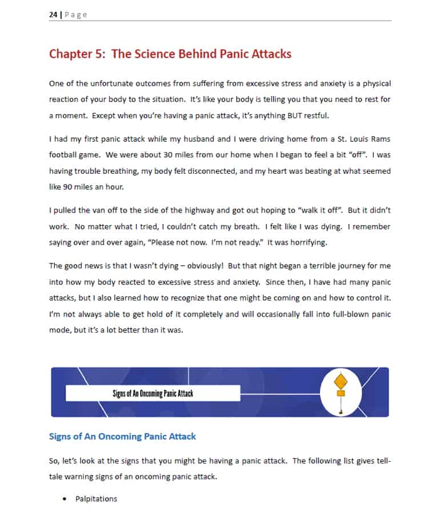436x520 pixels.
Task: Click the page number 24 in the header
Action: pos(53,15)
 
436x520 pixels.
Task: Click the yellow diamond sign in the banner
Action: pos(341,381)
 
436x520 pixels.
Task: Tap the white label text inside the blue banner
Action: pos(153,393)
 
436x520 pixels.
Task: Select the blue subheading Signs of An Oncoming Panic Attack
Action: pos(122,437)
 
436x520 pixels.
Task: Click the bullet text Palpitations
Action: pos(96,499)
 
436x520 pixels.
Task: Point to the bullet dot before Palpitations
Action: pos(65,499)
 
